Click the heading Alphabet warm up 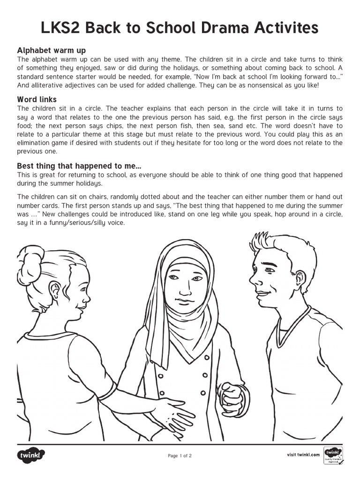tap(51, 50)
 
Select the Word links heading tap(37, 99)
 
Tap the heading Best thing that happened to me tap(79, 166)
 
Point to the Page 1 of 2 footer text tap(180, 455)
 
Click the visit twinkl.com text tap(303, 455)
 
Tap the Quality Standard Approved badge tap(332, 455)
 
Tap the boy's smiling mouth tap(262, 294)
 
